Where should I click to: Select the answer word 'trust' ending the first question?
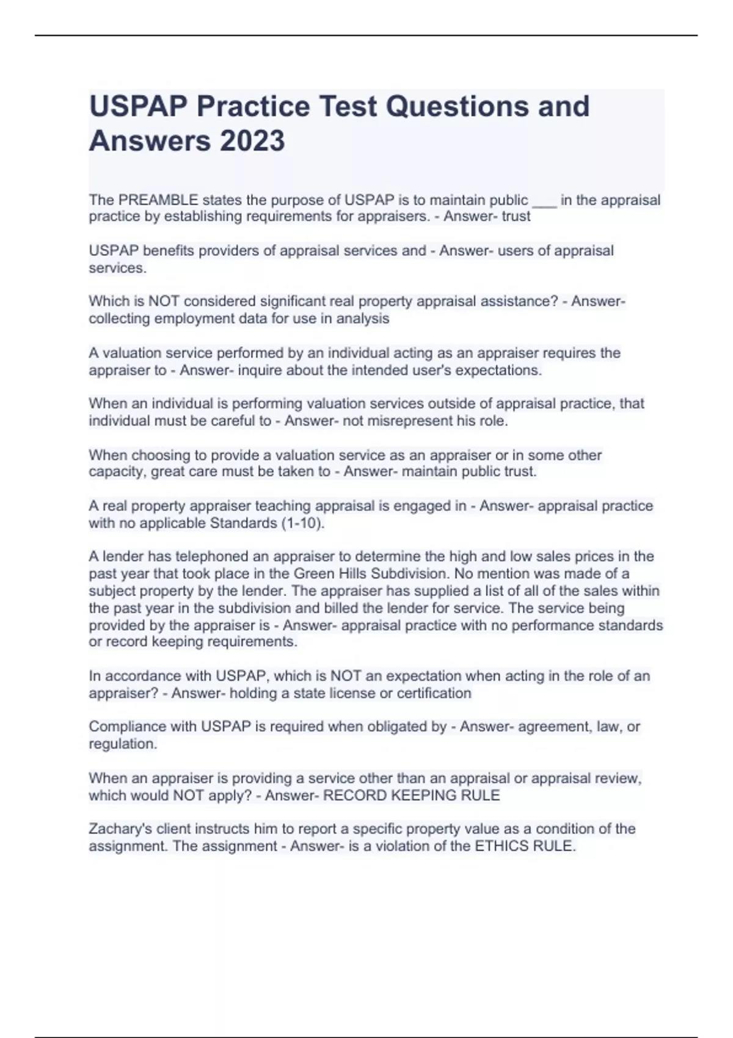coord(516,217)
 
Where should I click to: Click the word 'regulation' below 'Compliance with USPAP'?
coord(122,744)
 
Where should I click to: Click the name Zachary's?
coord(121,829)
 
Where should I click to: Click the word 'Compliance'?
coord(125,727)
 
